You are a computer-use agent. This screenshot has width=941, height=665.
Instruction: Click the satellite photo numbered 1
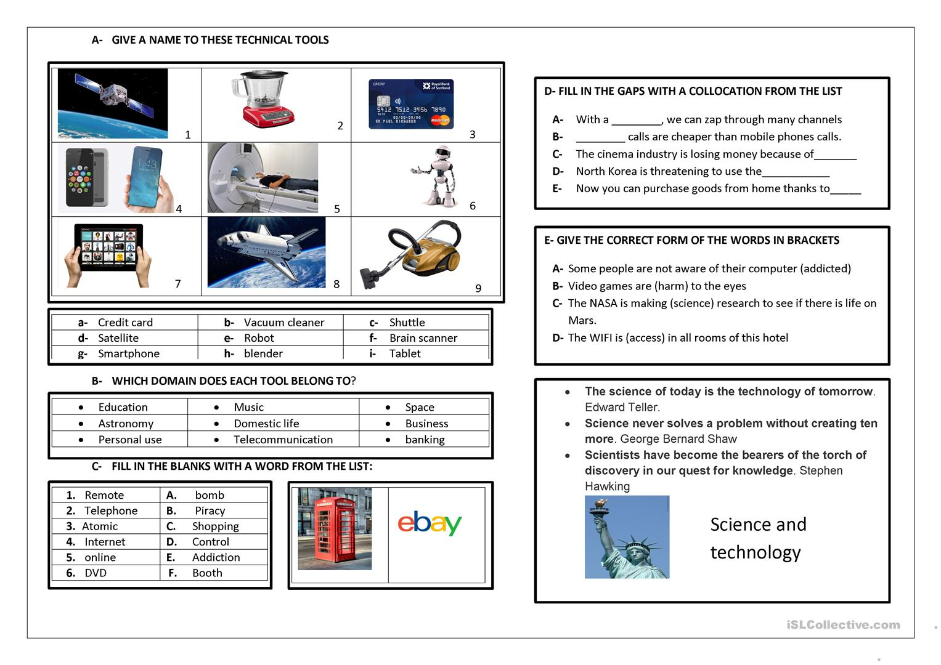tap(113, 103)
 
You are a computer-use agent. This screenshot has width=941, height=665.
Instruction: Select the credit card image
tap(411, 104)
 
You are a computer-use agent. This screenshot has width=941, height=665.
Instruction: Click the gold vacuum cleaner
tap(413, 252)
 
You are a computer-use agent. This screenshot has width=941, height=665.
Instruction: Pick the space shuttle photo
tap(266, 252)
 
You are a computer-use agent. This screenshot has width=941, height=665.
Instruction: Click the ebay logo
tap(430, 523)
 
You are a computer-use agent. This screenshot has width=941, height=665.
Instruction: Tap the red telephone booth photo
tap(335, 529)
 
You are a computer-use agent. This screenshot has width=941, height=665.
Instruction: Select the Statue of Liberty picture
tap(627, 537)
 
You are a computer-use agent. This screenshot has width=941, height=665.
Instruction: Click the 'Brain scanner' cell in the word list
tap(423, 338)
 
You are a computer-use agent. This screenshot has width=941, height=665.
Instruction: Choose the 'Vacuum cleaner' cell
tap(283, 323)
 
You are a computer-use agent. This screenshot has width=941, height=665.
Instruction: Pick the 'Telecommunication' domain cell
tap(283, 440)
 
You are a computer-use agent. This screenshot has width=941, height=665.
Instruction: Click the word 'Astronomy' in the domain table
tap(126, 424)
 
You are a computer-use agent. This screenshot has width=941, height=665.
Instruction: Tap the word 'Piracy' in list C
tap(210, 511)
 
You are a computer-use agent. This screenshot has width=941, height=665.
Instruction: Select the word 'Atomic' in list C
tap(100, 526)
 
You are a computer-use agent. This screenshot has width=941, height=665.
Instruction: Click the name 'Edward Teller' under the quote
tap(622, 407)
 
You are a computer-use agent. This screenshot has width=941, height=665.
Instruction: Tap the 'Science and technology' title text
tap(757, 538)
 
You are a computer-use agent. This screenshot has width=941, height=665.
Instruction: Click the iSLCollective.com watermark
tap(843, 625)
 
